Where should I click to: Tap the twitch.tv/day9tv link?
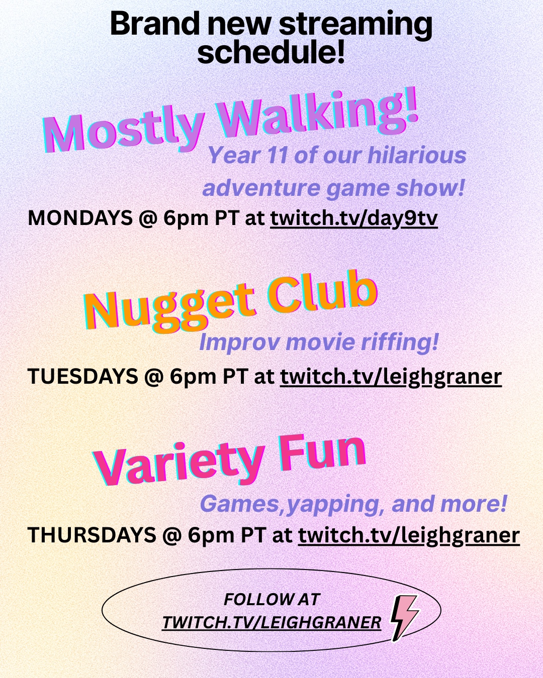(x=354, y=218)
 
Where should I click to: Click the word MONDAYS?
(x=80, y=217)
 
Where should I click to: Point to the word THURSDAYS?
(x=92, y=535)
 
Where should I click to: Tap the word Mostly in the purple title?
(x=124, y=132)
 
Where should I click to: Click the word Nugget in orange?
(x=169, y=308)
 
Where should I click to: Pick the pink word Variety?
(x=178, y=463)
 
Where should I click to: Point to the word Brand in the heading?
(x=154, y=24)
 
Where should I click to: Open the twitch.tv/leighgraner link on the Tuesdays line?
(x=391, y=377)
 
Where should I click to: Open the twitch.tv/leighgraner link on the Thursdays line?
(x=409, y=535)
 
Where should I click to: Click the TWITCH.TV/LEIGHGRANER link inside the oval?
(x=271, y=623)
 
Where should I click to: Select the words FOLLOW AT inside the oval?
(x=272, y=599)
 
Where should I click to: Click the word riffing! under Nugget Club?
(x=400, y=343)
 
